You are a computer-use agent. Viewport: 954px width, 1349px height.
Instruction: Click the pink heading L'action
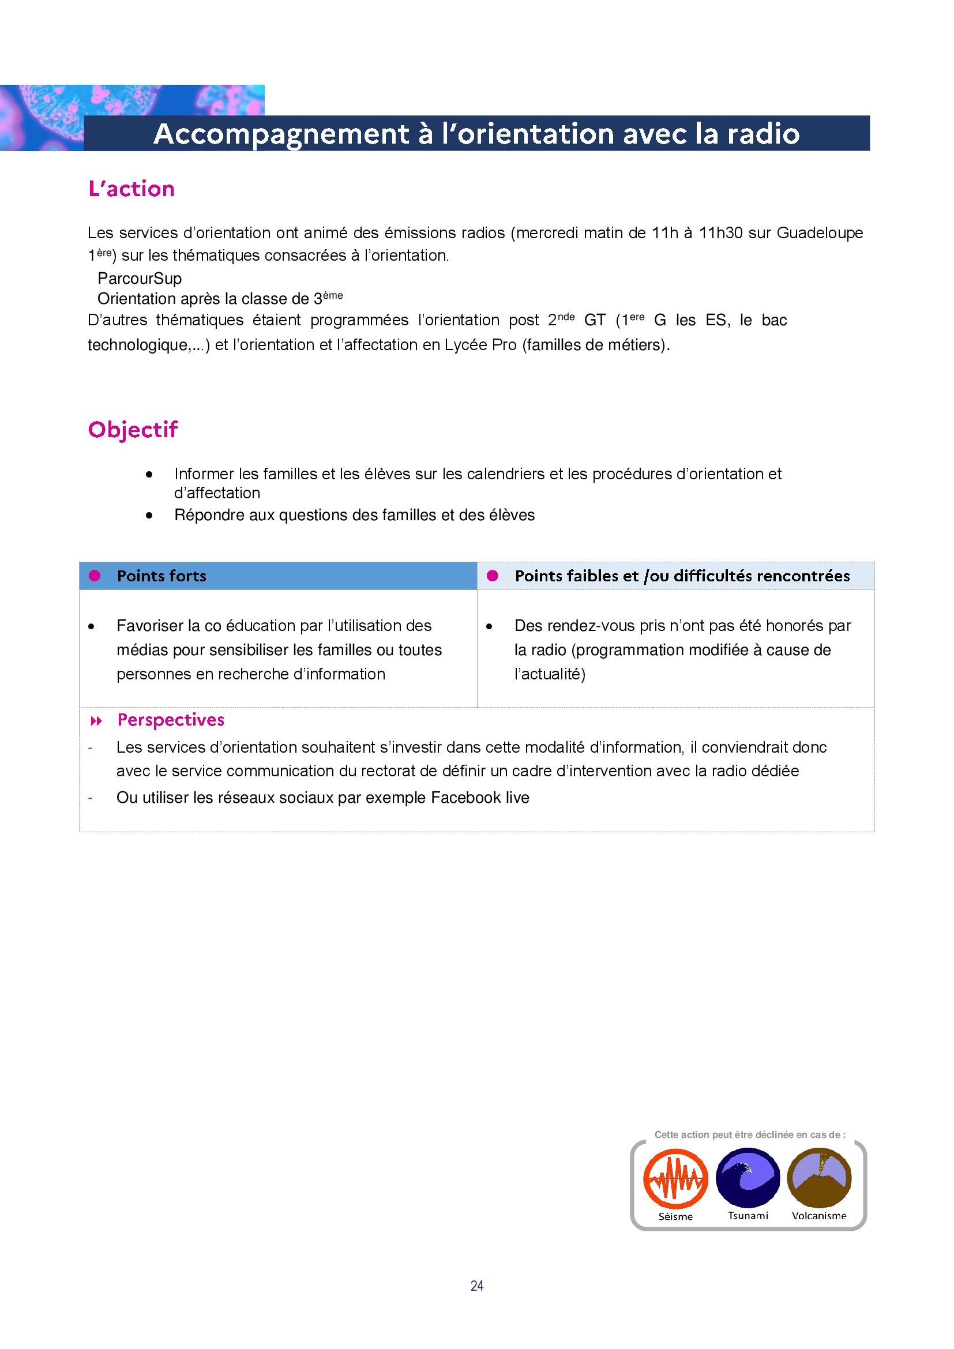(x=132, y=189)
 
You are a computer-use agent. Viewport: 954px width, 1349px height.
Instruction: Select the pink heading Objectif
(x=133, y=430)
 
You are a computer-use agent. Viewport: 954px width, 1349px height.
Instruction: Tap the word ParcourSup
(x=140, y=279)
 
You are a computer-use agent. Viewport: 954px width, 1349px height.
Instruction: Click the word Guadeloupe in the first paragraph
(x=820, y=233)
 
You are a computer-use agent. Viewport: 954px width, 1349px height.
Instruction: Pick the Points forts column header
(x=161, y=576)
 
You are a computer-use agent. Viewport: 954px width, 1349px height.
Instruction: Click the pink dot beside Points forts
(x=95, y=576)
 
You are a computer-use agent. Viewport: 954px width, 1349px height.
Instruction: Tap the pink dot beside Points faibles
(x=492, y=576)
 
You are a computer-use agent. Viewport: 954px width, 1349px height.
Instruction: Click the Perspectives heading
(x=171, y=720)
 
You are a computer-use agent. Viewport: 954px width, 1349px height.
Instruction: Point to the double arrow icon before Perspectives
(x=96, y=721)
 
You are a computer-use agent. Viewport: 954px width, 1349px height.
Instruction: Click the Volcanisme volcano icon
(x=820, y=1177)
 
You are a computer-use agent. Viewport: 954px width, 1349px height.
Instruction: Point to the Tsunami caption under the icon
(x=748, y=1216)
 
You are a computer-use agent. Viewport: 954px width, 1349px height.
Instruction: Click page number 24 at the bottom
(x=477, y=1286)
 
